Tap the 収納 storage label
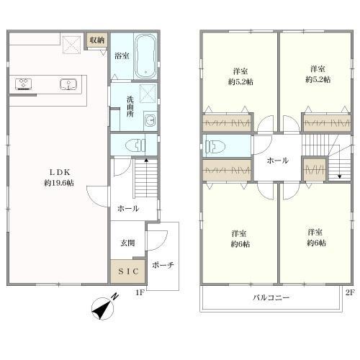97,40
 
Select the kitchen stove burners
23,84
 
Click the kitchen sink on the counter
70,84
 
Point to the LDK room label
60,171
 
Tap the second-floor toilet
215,147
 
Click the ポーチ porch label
163,265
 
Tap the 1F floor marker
140,292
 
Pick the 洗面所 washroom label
122,107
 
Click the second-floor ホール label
277,161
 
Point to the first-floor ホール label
128,207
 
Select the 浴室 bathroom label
121,55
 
